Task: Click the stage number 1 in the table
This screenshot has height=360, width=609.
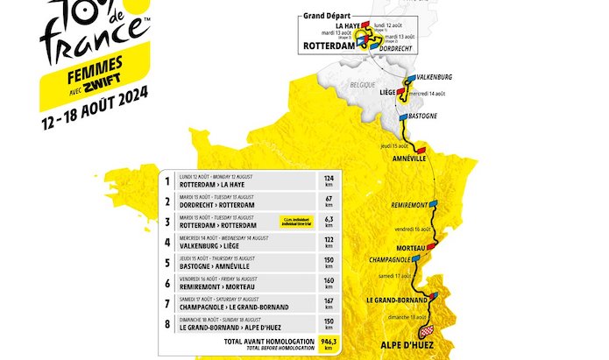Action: coord(166,181)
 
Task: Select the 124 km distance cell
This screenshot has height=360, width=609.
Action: coord(329,181)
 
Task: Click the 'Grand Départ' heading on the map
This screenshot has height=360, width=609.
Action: coord(327,16)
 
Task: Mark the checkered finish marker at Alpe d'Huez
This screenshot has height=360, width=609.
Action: coord(427,330)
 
